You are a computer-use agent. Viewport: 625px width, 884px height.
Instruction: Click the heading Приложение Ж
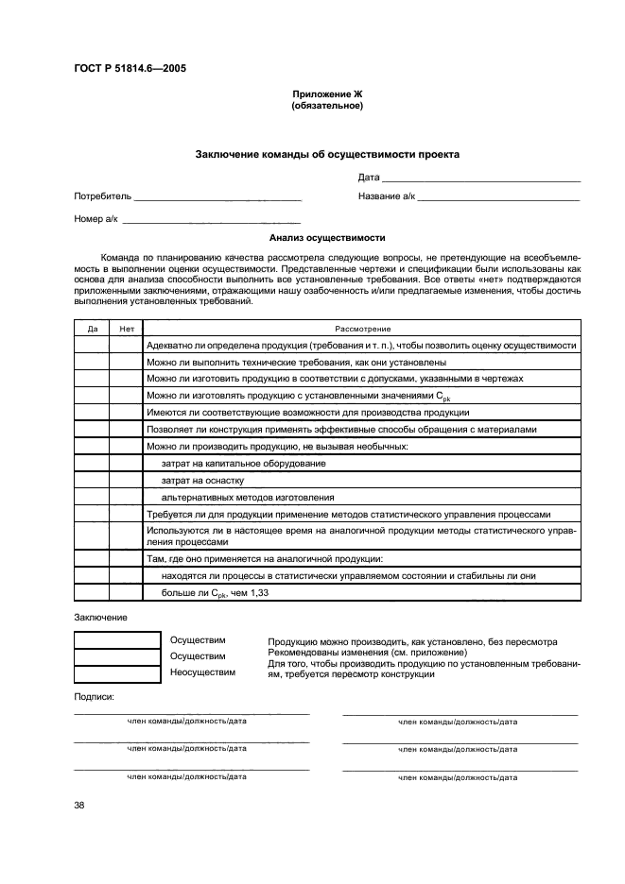[327, 95]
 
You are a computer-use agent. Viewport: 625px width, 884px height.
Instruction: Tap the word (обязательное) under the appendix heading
[327, 106]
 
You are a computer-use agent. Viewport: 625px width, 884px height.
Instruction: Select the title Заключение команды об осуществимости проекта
[327, 154]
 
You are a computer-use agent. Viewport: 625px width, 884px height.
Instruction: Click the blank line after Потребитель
[217, 197]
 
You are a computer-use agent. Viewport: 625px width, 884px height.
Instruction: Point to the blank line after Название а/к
[498, 197]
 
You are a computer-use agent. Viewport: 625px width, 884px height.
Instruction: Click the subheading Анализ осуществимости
[327, 239]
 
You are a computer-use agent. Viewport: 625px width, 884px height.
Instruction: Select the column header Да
[92, 328]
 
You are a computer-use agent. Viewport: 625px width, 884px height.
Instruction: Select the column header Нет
[126, 328]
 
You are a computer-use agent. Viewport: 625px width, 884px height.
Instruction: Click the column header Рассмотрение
[362, 328]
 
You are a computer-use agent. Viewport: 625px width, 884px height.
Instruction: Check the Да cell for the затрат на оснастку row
[92, 480]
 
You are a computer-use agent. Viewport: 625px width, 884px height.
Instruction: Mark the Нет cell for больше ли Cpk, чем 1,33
[126, 592]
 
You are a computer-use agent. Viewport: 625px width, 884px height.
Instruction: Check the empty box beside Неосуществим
[117, 673]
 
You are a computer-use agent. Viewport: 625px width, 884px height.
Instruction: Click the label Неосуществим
[202, 672]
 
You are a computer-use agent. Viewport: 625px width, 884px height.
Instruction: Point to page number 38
[79, 805]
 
